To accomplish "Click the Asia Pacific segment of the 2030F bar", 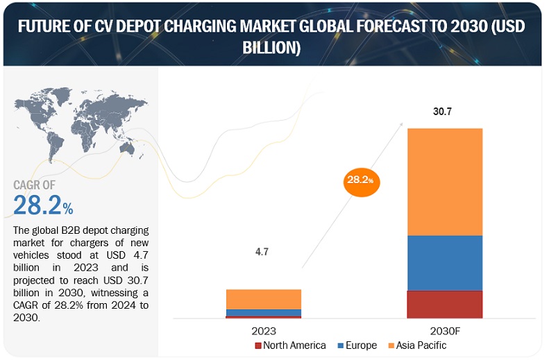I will [444, 182].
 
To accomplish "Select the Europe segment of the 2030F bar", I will [444, 262].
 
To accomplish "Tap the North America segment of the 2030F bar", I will [444, 304].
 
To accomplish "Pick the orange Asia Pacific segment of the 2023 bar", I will [253, 299].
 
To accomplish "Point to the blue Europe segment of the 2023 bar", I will [253, 312].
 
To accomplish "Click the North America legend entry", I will [290, 345].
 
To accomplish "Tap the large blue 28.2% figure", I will [43, 206].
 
